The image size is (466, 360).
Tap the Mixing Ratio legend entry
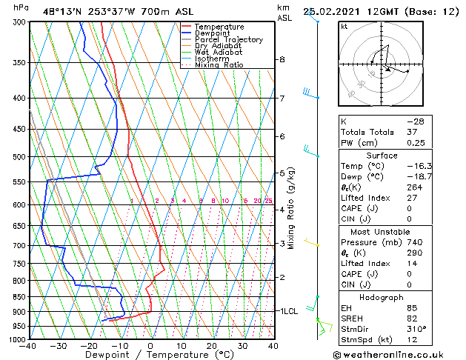point(219,65)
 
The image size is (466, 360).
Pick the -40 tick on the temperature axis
point(28,345)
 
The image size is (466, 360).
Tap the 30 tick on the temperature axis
point(242,345)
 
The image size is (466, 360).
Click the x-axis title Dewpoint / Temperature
point(150,355)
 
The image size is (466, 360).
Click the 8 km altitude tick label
point(282,59)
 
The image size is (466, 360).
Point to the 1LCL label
point(287,311)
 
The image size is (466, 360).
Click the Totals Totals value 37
point(413,132)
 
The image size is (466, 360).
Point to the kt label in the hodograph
point(344,27)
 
